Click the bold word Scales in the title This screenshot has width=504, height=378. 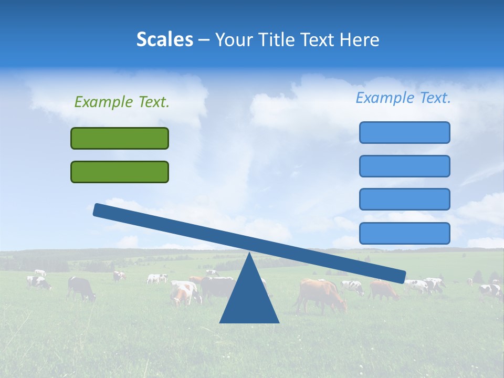pos(164,39)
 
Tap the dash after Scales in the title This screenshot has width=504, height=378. pos(204,40)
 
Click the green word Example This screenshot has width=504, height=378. pos(103,102)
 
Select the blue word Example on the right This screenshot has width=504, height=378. pos(385,98)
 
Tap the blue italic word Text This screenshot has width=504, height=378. pos(435,98)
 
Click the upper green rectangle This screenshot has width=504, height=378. pos(120,138)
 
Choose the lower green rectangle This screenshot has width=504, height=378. pos(120,172)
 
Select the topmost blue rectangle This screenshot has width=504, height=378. pos(404,132)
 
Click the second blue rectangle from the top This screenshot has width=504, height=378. pos(404,166)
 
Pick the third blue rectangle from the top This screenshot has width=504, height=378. pos(404,199)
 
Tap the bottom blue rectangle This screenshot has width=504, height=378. pos(404,233)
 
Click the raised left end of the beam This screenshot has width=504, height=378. pos(100,210)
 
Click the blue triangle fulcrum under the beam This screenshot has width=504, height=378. pos(249,299)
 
